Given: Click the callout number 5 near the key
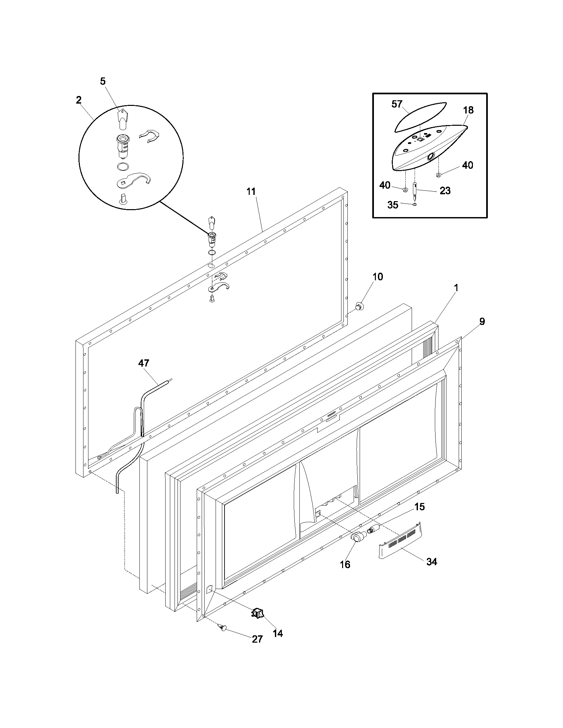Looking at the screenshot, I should coord(103,81).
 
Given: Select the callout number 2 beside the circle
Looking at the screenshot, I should coord(78,100).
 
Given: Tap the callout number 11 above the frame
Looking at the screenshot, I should coord(251,192).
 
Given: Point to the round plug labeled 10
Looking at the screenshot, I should coord(359,305).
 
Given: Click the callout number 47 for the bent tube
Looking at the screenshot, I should coord(144,363).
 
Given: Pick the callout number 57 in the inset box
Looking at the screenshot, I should coord(397,104).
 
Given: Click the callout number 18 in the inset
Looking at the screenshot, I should coord(468,110).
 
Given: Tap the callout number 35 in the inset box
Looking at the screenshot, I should coord(393,205).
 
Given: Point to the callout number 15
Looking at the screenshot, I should coord(420,507).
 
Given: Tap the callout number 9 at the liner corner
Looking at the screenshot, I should coord(482,321).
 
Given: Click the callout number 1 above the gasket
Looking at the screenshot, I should coord(456,288).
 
